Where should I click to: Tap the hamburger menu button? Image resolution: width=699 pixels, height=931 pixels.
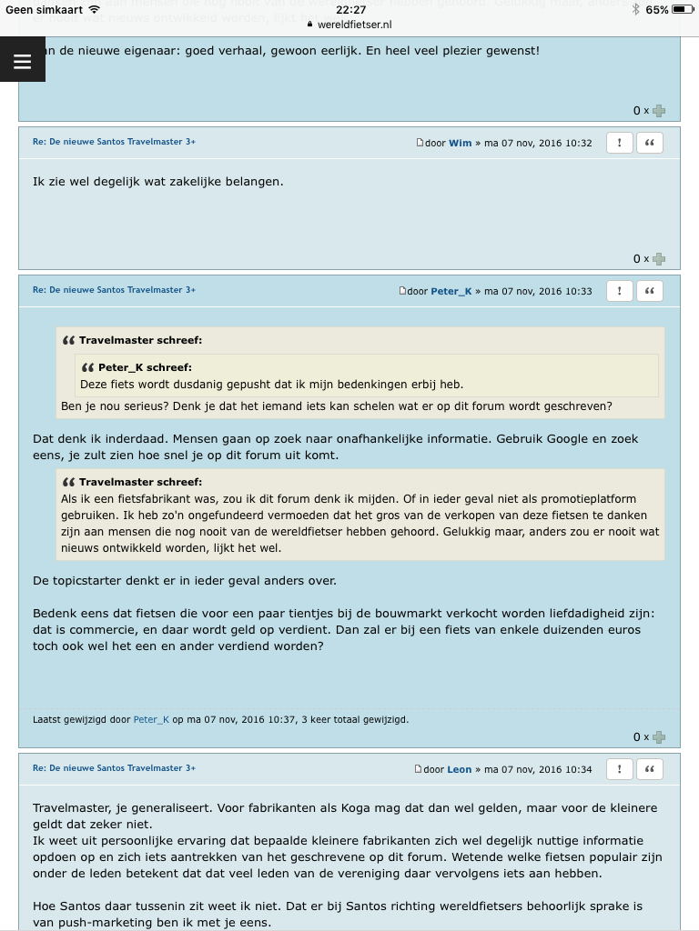(23, 61)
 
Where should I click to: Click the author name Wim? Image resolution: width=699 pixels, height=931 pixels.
(460, 144)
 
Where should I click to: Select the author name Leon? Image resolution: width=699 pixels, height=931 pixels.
(459, 770)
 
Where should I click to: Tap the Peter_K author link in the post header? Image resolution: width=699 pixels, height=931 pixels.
(451, 292)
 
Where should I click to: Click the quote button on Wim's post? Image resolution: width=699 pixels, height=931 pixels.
(649, 143)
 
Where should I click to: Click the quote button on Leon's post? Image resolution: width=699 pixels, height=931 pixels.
(649, 769)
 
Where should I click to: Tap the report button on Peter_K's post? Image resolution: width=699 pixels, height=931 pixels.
(619, 291)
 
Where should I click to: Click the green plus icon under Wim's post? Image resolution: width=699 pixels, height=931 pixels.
(659, 259)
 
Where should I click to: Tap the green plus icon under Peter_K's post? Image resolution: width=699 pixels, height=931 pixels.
(659, 737)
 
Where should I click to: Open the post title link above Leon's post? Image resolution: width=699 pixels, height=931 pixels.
(114, 768)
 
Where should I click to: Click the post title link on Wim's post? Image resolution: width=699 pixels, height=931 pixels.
(114, 142)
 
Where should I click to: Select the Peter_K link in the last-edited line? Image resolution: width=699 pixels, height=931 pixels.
(151, 719)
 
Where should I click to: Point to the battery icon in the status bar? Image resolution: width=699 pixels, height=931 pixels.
(684, 9)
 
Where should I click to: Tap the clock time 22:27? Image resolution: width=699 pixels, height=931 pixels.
(350, 9)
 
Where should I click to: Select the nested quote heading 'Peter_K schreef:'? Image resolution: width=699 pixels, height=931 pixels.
(145, 367)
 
